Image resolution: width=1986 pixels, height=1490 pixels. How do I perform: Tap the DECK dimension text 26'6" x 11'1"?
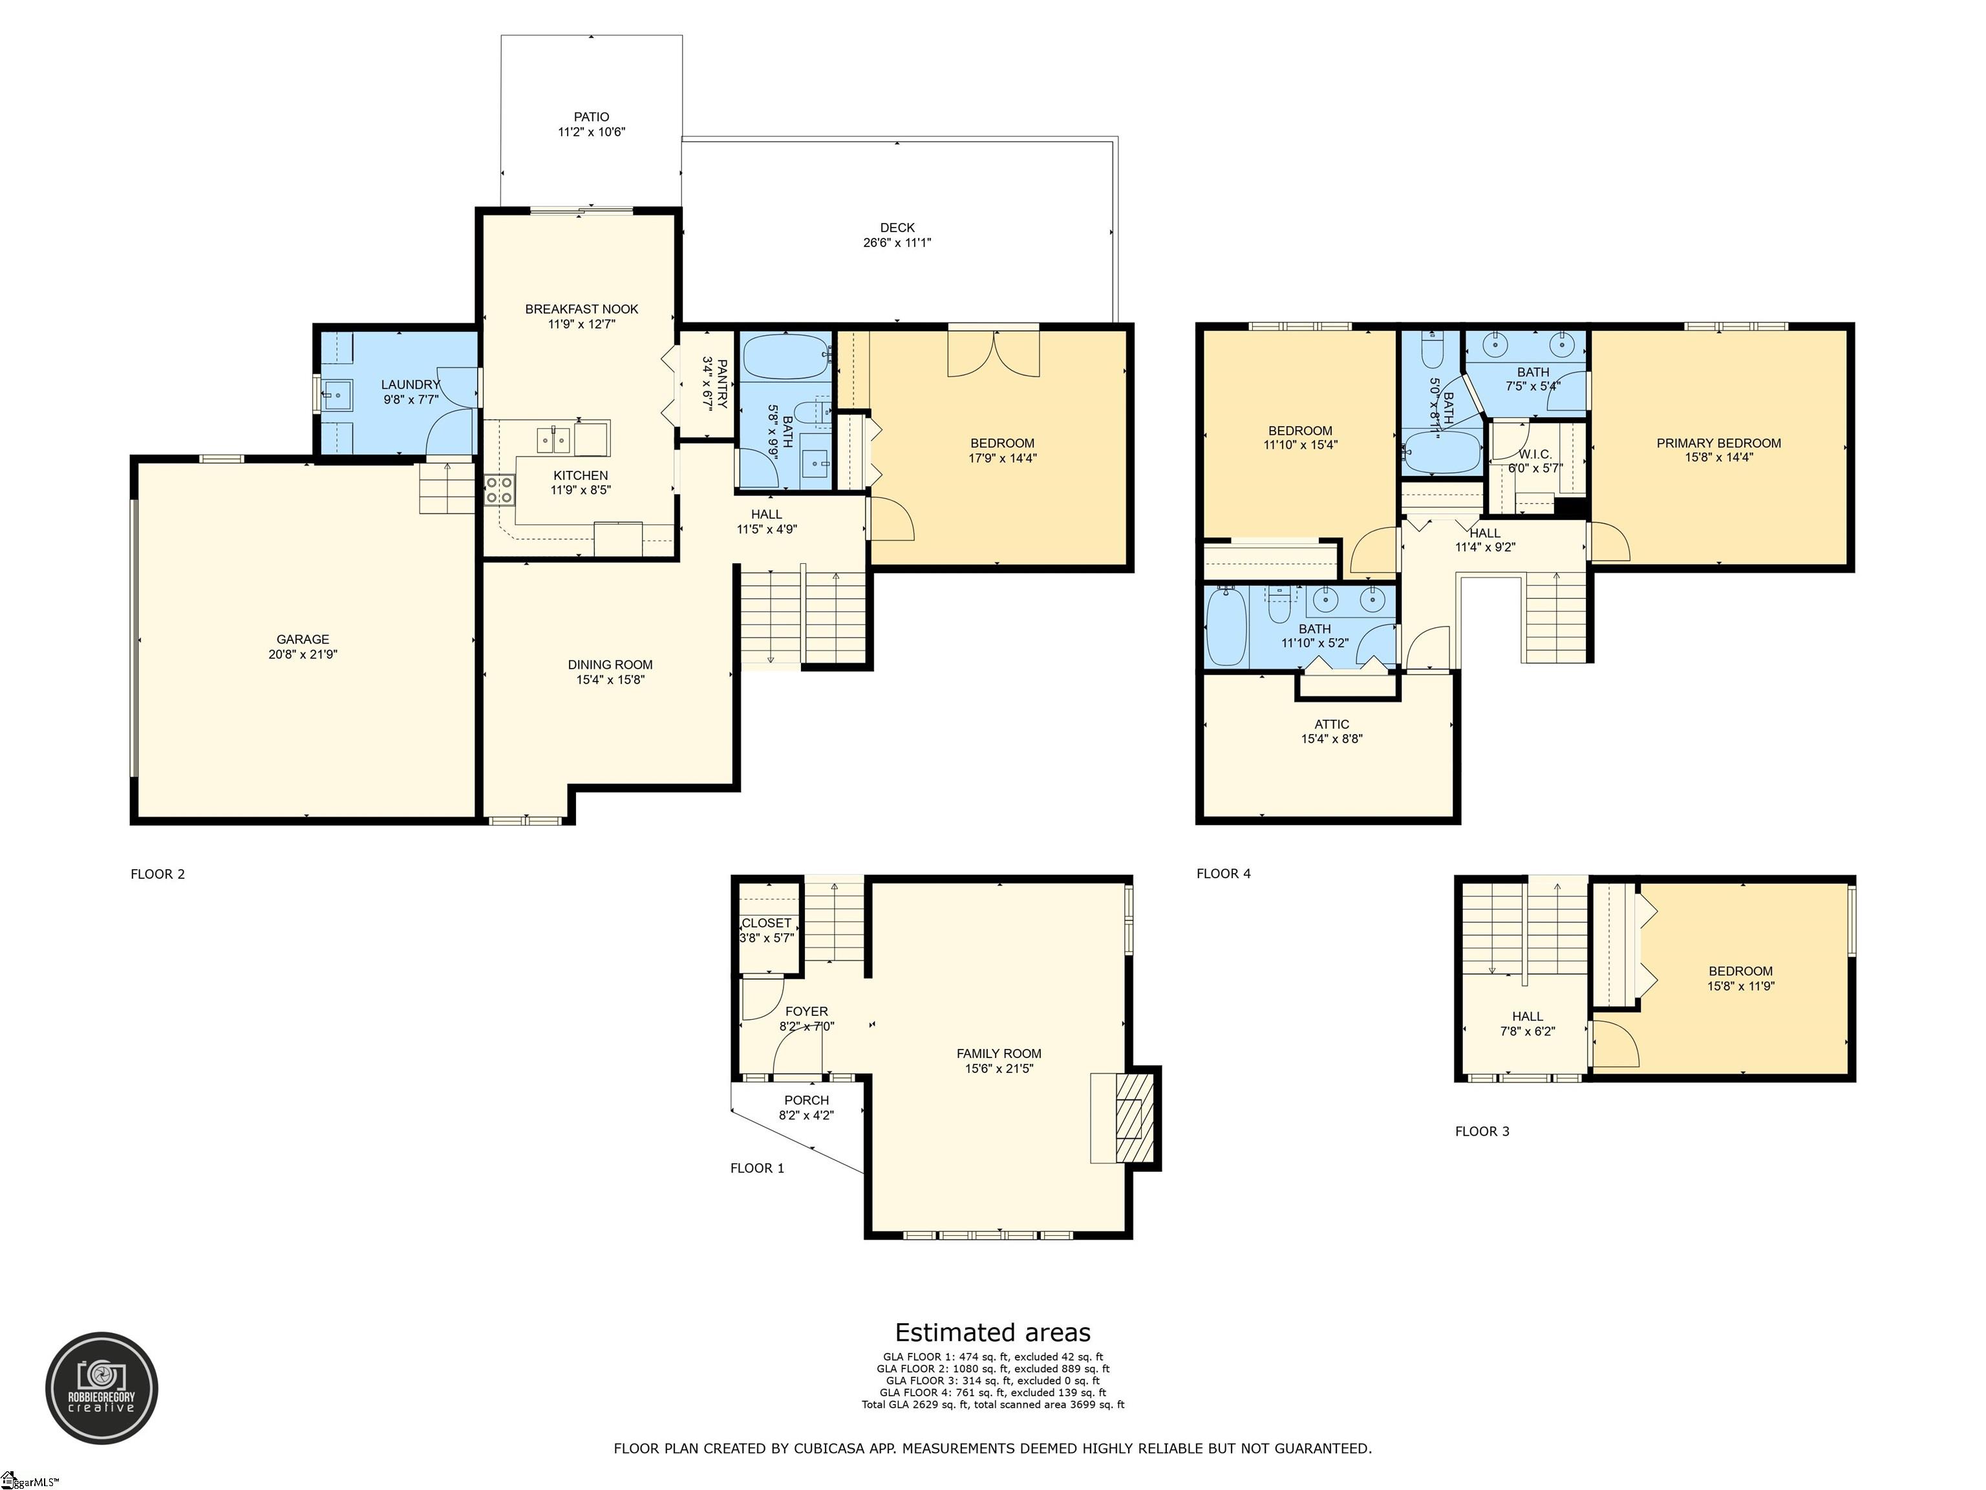click(x=896, y=243)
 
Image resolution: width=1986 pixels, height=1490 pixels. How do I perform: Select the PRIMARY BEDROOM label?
click(x=1718, y=443)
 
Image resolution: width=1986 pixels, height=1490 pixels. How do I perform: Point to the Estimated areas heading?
click(x=992, y=1333)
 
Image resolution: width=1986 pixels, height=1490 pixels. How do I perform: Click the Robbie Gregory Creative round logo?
click(x=101, y=1388)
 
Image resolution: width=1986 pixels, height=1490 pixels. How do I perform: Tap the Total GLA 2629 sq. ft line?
click(x=992, y=1405)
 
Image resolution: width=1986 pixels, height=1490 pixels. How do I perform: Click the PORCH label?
click(x=806, y=1100)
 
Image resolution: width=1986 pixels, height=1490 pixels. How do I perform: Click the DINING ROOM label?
click(x=610, y=665)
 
